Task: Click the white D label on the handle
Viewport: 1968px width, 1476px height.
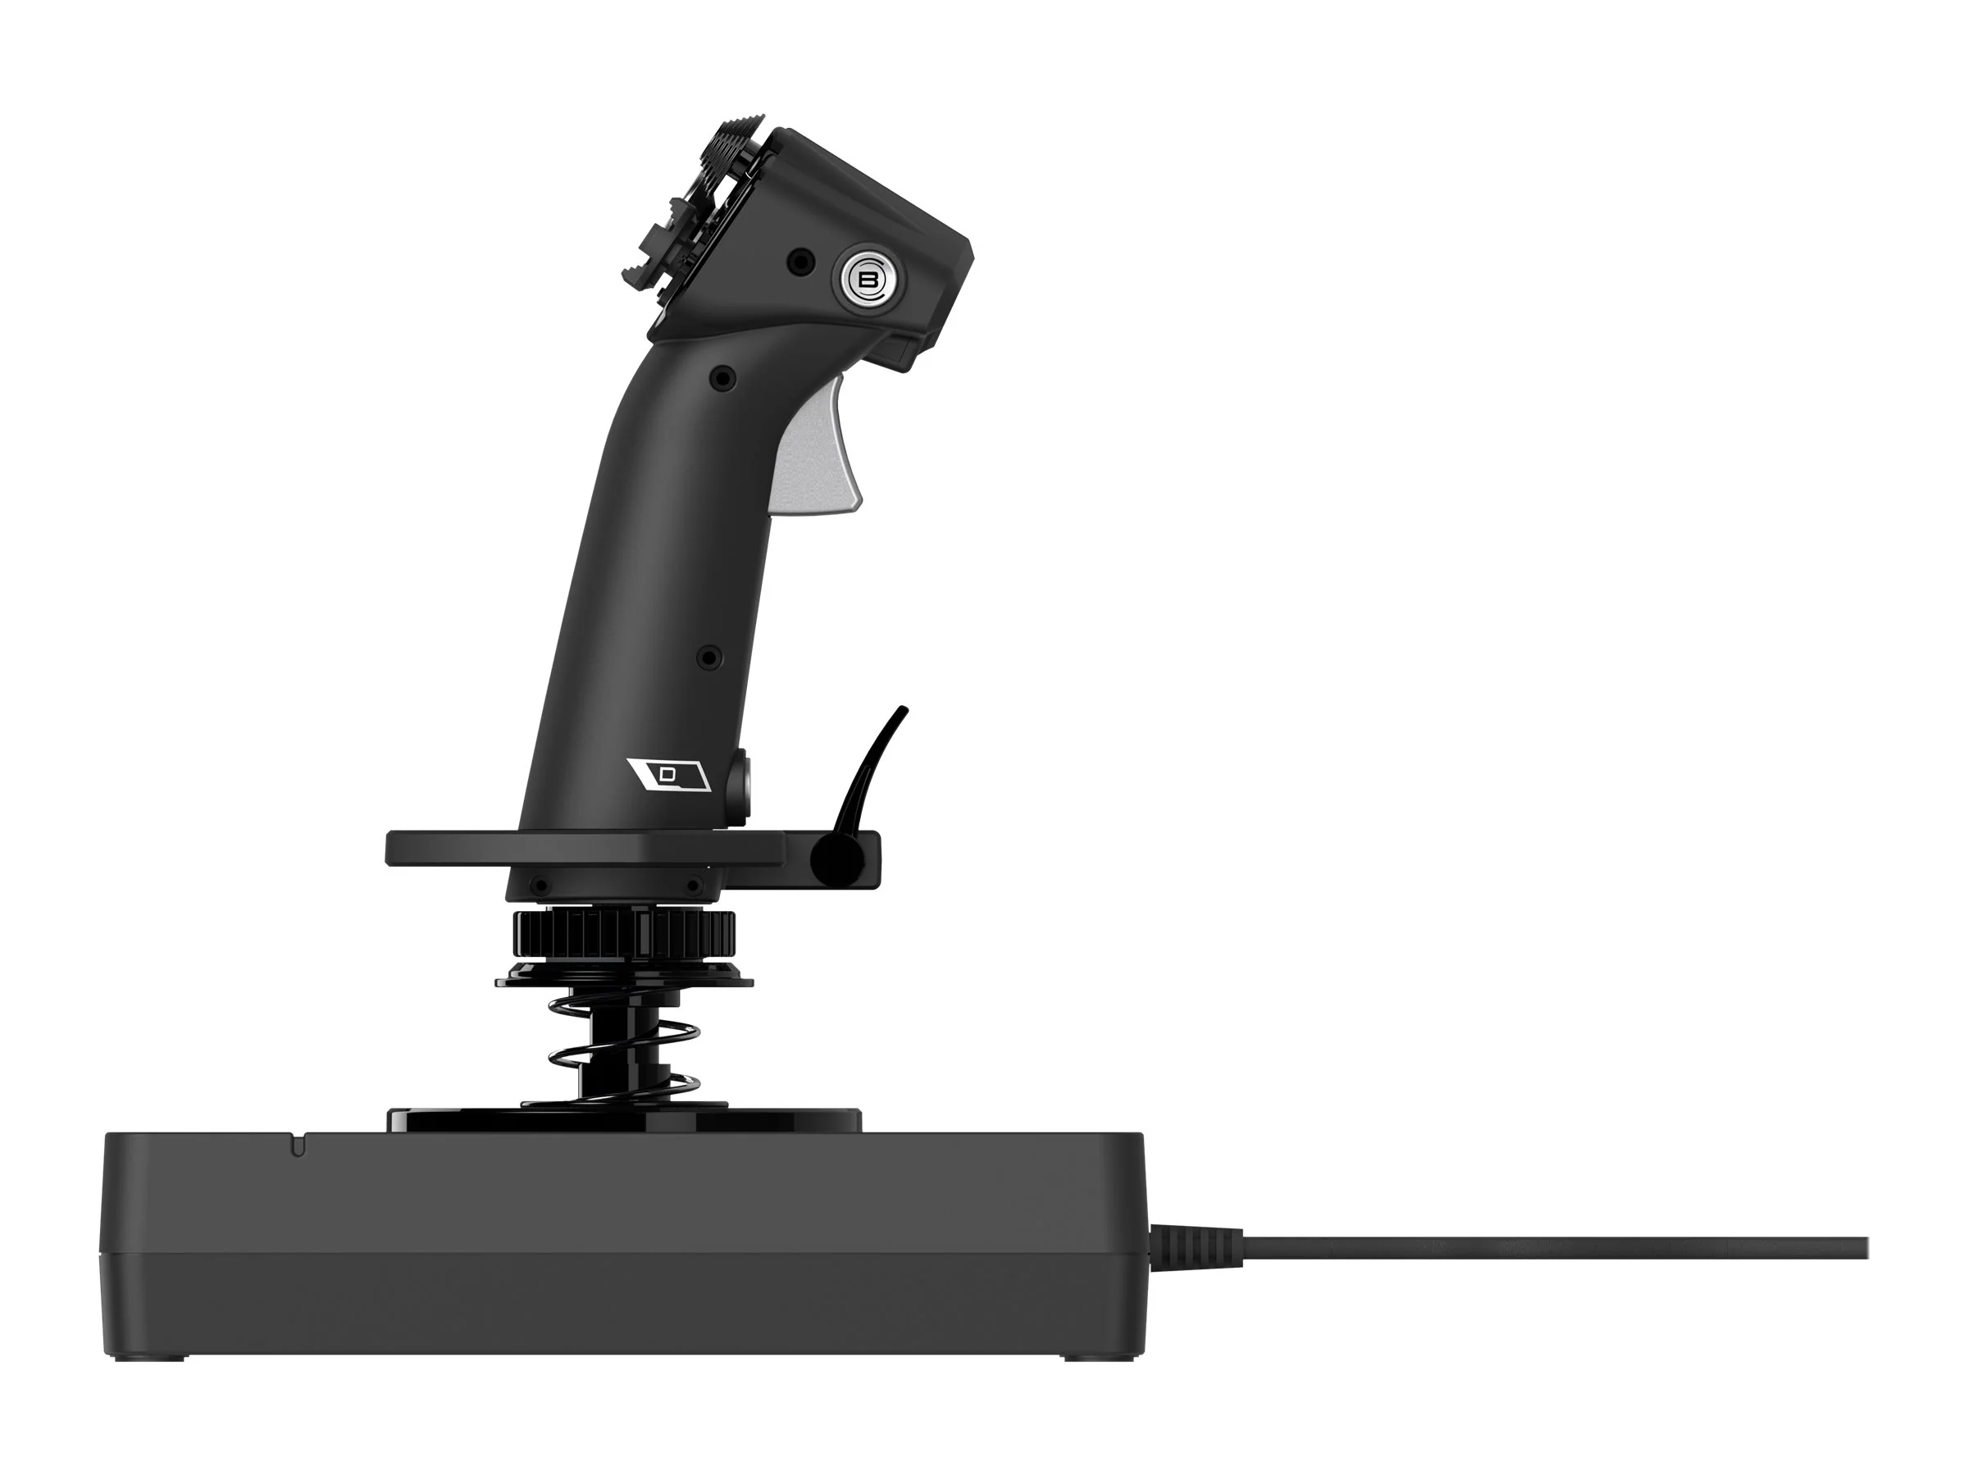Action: pos(668,775)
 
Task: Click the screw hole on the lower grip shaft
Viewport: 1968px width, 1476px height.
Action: pos(708,658)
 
